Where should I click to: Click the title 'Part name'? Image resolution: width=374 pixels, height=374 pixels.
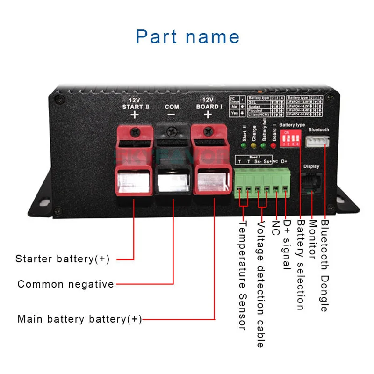pos(187,36)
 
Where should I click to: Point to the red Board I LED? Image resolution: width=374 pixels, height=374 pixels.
pos(273,144)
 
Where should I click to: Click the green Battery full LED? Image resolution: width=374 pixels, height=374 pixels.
pos(264,144)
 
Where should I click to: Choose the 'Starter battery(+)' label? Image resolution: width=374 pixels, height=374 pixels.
pos(62,259)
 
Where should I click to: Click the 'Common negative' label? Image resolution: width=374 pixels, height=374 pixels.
pos(65,284)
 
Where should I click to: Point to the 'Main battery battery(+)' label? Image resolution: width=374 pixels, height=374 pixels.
pos(79,319)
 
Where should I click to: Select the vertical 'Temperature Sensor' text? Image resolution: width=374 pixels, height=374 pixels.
pos(242,275)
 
